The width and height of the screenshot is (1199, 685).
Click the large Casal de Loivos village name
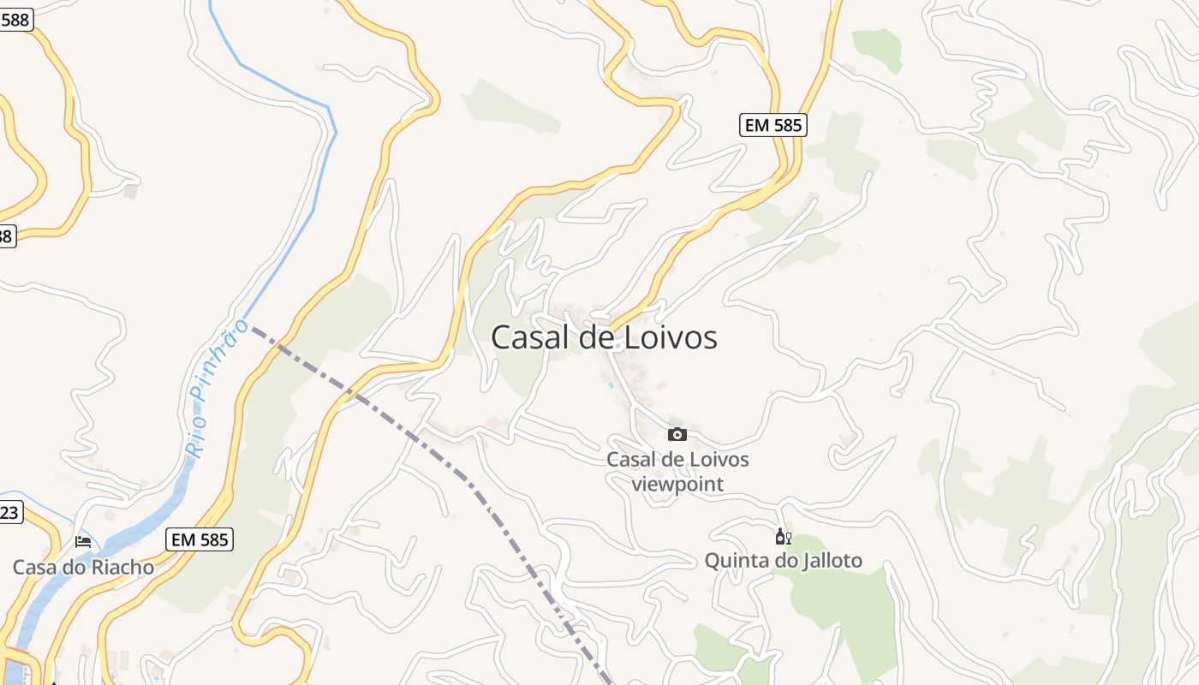604,337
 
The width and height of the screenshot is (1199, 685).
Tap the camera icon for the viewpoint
677,434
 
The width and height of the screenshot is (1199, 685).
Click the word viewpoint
677,484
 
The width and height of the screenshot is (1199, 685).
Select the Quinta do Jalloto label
783,561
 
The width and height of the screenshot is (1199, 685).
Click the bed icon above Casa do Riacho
83,541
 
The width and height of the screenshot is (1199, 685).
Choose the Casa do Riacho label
83,567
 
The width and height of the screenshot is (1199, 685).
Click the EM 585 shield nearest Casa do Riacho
200,539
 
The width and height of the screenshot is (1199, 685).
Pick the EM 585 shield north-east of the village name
772,125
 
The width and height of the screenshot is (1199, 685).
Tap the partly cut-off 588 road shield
15,20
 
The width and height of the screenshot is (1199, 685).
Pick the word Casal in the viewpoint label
632,460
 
